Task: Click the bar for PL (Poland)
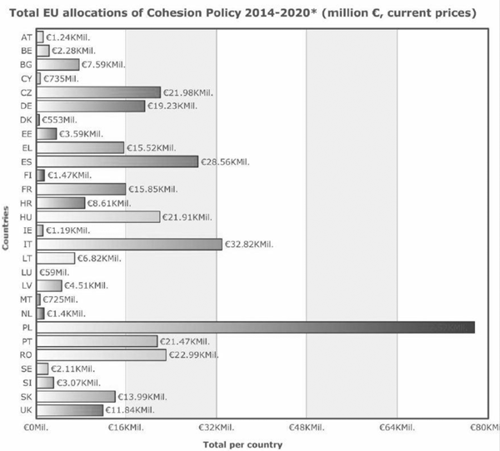255,327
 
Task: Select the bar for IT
129,244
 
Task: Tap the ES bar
117,161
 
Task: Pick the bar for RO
101,355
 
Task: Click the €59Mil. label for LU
56,272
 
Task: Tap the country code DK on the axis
27,120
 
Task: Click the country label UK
27,410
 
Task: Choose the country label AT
27,37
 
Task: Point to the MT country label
27,300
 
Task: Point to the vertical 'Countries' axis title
7,225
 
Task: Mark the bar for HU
98,216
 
